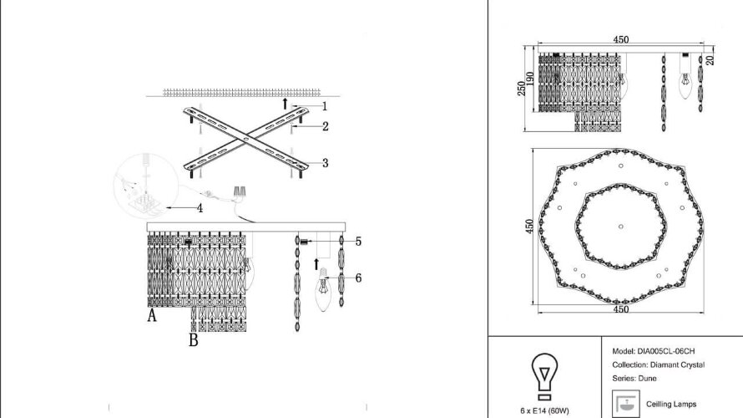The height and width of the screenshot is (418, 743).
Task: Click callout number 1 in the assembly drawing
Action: pyautogui.click(x=325, y=106)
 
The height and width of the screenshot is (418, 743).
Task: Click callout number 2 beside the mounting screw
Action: pyautogui.click(x=325, y=126)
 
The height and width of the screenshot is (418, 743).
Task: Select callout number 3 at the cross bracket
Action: pyautogui.click(x=325, y=162)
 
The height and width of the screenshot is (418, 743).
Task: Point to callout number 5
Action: pyautogui.click(x=357, y=242)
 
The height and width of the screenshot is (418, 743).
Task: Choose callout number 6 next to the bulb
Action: pyautogui.click(x=357, y=278)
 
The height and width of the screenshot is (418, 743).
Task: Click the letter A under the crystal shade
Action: pyautogui.click(x=152, y=316)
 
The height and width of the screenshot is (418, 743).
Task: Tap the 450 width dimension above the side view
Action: pyautogui.click(x=620, y=40)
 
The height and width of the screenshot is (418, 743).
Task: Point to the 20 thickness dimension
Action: pyautogui.click(x=710, y=59)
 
